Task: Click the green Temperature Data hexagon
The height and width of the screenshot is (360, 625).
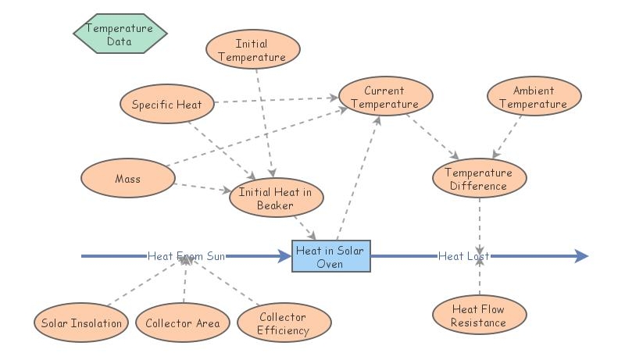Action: (x=120, y=33)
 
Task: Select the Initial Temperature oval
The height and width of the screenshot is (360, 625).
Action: (x=252, y=51)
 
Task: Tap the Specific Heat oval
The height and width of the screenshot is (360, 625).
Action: (x=166, y=105)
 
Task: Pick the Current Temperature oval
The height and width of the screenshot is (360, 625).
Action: (x=384, y=98)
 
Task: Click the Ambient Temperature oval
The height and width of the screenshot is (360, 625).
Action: (x=534, y=98)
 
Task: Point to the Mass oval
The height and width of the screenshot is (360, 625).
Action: (x=127, y=179)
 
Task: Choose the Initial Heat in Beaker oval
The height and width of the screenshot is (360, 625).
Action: (x=275, y=199)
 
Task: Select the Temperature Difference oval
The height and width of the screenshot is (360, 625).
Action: (x=478, y=179)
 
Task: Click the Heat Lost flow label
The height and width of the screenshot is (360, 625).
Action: (x=463, y=256)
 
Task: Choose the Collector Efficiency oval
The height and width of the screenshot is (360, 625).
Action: (x=284, y=323)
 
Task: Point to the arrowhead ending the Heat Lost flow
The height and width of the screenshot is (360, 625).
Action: (x=580, y=256)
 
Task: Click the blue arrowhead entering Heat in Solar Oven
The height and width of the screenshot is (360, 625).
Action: (x=284, y=256)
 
